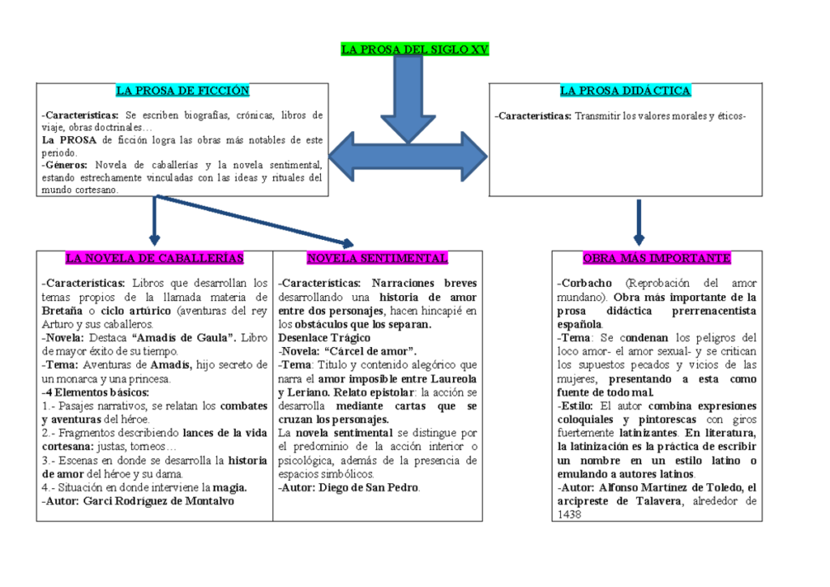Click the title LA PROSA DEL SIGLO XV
tap(415, 49)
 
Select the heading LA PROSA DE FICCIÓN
tap(182, 91)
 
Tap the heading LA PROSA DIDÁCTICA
tap(625, 91)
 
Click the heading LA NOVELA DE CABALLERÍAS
tap(154, 259)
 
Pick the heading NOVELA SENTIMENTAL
tap(377, 259)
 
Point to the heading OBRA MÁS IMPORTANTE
tap(657, 259)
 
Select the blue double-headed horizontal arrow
tap(408, 156)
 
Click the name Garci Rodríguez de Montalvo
tap(158, 501)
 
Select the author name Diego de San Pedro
tap(369, 487)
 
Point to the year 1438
tap(569, 515)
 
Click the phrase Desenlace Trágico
tap(324, 337)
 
